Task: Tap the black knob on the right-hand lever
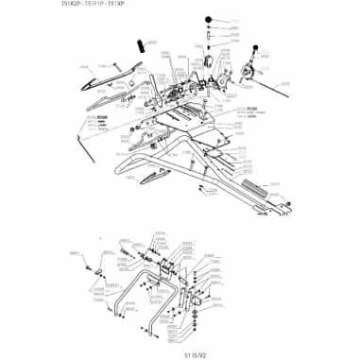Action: click(x=257, y=47)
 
